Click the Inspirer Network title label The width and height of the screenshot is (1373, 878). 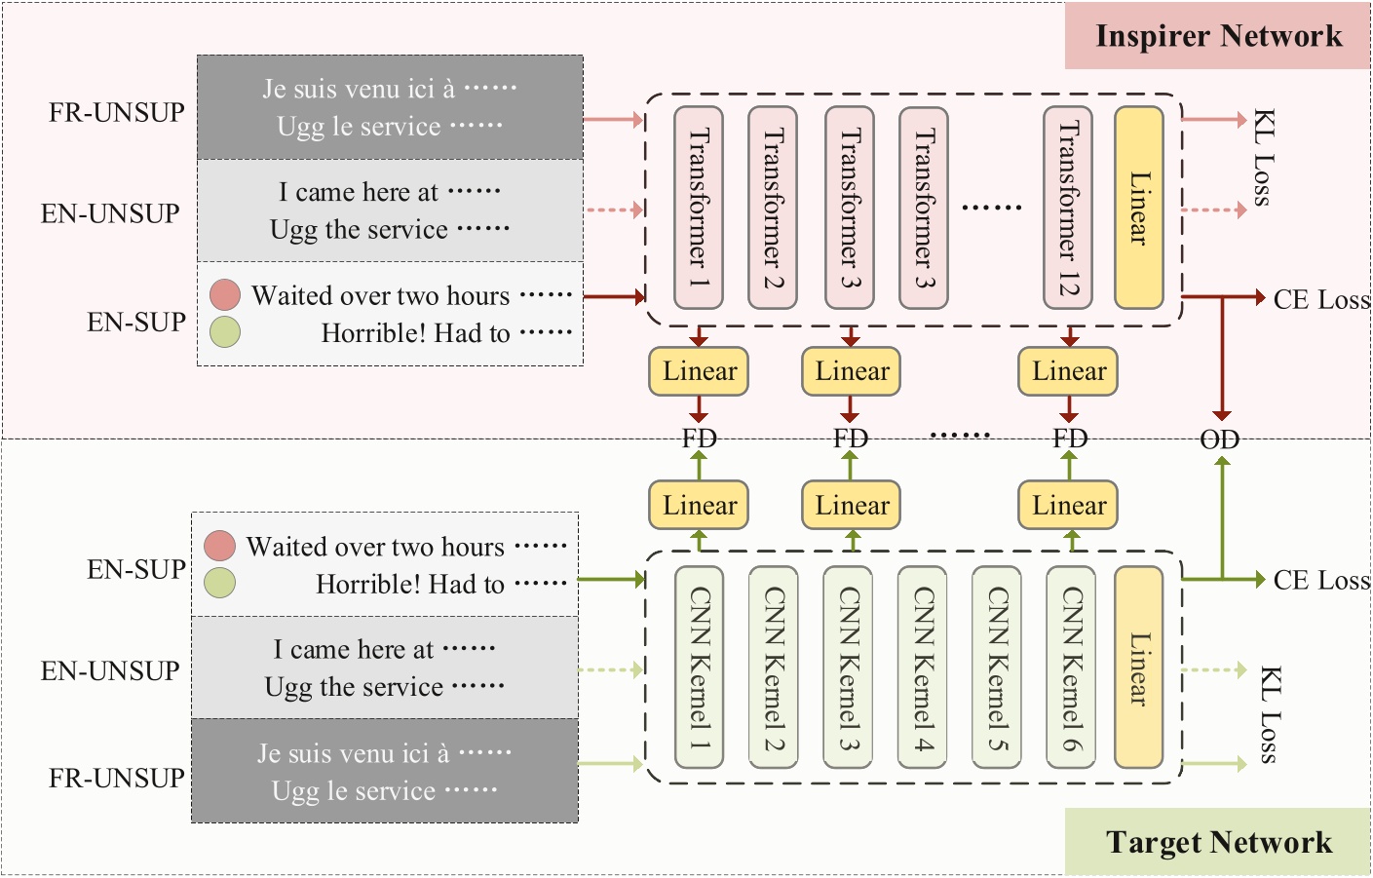(1217, 36)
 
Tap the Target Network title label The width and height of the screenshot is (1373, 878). (1218, 842)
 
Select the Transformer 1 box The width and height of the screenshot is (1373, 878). (699, 208)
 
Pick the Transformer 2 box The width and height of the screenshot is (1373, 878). (773, 208)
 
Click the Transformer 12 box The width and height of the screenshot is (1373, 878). (1069, 208)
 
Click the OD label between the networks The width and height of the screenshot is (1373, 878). (1219, 440)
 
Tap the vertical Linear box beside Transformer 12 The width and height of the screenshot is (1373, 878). (1138, 208)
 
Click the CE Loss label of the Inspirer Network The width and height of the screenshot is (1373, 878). (1321, 299)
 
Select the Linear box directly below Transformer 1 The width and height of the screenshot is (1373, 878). (699, 371)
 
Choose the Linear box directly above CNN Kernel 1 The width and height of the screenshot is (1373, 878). (699, 506)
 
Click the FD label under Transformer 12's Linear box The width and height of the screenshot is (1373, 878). (1069, 439)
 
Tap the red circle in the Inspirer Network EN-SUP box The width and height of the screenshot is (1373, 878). (225, 294)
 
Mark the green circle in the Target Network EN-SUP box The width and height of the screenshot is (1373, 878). (220, 583)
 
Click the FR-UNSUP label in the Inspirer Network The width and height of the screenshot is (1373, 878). (117, 113)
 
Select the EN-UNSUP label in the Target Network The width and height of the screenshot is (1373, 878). (110, 671)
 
